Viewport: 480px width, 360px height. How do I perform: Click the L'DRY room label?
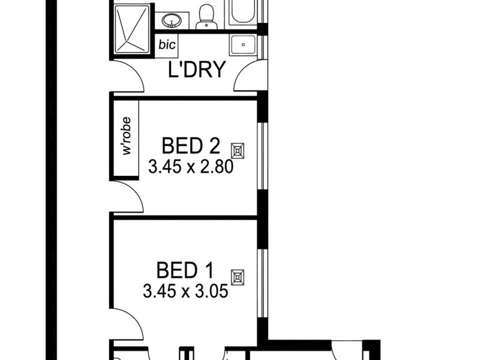pyautogui.click(x=196, y=70)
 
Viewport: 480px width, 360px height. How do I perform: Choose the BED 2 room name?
pyautogui.click(x=191, y=146)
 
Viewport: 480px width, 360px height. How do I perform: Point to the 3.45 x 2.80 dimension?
pyautogui.click(x=191, y=166)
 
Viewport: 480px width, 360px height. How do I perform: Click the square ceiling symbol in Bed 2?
pyautogui.click(x=240, y=150)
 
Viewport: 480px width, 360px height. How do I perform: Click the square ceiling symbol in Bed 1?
pyautogui.click(x=239, y=277)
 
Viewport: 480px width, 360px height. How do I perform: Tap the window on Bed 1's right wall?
pyautogui.click(x=260, y=282)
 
